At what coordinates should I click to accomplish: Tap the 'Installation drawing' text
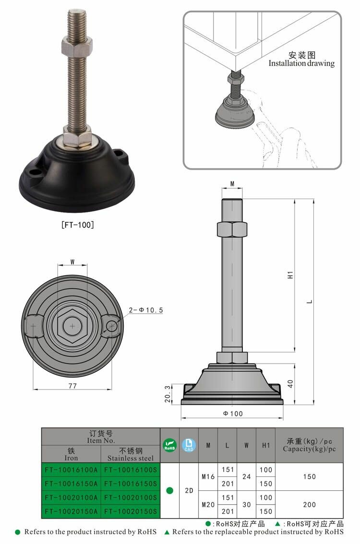(301, 63)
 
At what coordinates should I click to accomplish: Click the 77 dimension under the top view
(72, 385)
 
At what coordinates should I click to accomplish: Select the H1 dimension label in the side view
(290, 275)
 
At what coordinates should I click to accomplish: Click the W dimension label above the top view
(72, 262)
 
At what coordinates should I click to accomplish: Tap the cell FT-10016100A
(71, 470)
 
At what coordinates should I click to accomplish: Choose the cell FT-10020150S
(131, 512)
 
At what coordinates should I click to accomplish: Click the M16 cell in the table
(208, 477)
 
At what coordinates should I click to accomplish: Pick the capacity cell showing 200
(310, 505)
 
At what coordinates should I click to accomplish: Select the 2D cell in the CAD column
(189, 491)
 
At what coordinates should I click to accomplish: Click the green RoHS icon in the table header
(170, 445)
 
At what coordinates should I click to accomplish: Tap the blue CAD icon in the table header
(189, 445)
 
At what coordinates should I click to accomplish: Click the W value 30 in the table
(246, 505)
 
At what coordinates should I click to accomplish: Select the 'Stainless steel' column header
(131, 454)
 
